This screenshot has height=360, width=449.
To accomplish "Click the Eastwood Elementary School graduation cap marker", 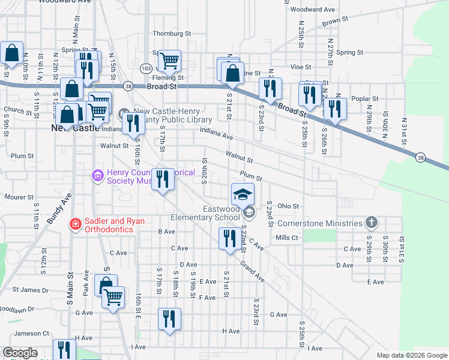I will [243, 194].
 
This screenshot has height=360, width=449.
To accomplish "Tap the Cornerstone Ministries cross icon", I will [372, 223].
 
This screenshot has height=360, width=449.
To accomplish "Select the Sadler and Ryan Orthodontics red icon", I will [76, 224].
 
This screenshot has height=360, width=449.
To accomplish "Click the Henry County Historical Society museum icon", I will [97, 175].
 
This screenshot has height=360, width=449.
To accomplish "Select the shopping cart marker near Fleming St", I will [170, 60].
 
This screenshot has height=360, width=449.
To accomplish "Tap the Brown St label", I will [335, 22].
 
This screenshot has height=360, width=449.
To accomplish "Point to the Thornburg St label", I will [171, 34].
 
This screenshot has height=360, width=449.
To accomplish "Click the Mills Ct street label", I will [286, 238].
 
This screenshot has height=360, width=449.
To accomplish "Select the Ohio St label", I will [288, 206].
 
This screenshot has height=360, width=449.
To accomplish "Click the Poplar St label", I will [366, 98].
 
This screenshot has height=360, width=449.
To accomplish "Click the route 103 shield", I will [145, 69].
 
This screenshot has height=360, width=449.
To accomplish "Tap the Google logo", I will [20, 353].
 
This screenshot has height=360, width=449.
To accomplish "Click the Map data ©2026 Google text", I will [412, 355].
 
